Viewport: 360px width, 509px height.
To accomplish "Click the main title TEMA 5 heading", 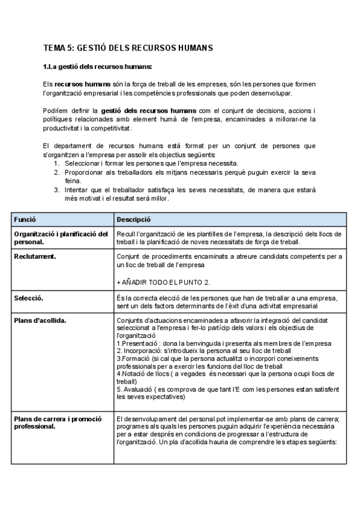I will coord(128,47).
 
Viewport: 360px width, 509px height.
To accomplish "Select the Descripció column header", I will coord(133,220).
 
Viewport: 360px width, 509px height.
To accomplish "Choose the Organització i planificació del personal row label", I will coord(60,238).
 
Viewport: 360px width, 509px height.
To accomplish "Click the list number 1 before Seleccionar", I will coord(56,163).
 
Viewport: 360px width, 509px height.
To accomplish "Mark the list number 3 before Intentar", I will coord(56,190).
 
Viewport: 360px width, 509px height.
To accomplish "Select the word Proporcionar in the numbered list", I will coord(84,172).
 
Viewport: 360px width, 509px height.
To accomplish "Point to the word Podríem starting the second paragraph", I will coord(57,111).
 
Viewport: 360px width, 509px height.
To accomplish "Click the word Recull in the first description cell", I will coord(126,233).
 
